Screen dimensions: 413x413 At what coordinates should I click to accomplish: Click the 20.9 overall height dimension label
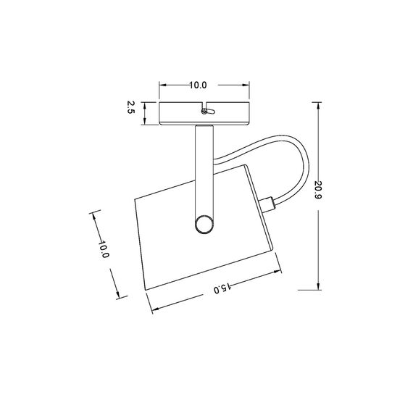tap(319, 191)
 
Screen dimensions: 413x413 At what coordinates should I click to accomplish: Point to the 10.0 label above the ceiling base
tap(199, 85)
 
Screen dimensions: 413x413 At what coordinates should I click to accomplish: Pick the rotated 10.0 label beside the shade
tap(104, 251)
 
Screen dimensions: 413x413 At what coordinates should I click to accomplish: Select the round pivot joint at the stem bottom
tap(204, 223)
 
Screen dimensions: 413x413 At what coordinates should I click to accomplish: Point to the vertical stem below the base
tap(204, 167)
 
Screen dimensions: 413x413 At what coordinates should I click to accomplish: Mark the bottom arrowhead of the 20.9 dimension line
tap(319, 288)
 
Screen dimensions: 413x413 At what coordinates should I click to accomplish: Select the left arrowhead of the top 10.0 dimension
tap(161, 85)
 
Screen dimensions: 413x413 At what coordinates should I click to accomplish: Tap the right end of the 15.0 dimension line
tap(280, 272)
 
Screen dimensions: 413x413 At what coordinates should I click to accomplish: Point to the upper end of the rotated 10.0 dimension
tap(93, 214)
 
